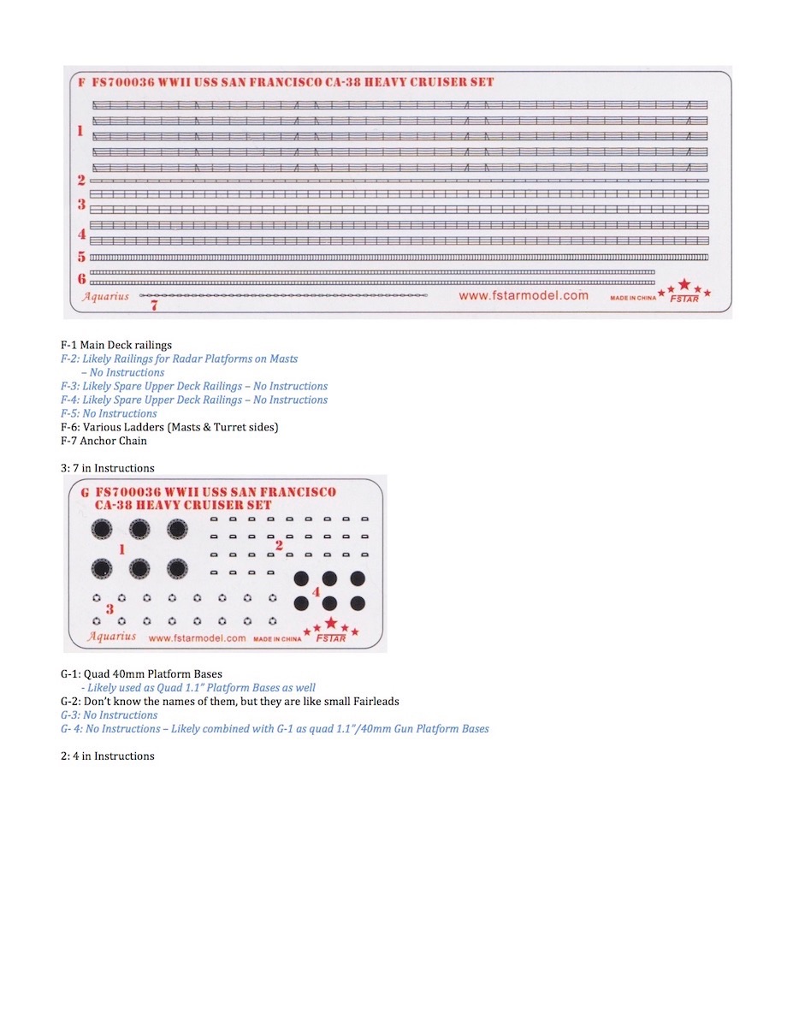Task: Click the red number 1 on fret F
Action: (80, 131)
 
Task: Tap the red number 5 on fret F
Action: (81, 257)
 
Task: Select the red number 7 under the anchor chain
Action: (154, 304)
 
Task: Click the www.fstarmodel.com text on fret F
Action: (523, 295)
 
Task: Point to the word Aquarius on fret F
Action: (105, 296)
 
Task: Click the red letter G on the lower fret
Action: (84, 492)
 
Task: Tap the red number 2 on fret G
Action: (278, 544)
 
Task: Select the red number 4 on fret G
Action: (316, 591)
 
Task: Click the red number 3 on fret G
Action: (109, 608)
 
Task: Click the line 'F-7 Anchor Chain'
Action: (104, 441)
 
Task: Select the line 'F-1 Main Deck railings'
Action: (115, 345)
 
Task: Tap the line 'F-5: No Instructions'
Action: (109, 413)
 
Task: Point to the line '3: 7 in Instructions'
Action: (107, 468)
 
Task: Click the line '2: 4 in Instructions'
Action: (107, 756)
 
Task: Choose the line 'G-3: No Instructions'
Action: (109, 715)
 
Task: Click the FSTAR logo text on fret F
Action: (684, 299)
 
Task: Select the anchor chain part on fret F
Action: (282, 295)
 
